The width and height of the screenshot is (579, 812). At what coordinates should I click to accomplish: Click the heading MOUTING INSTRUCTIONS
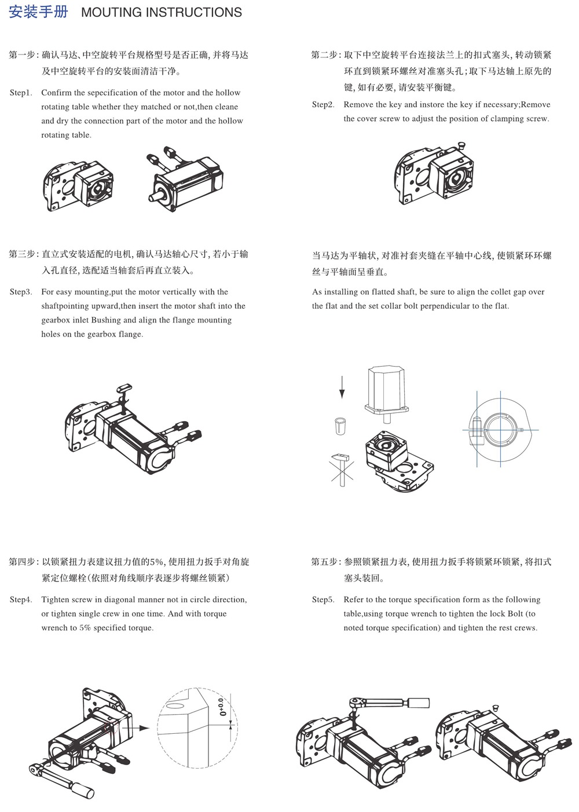(x=162, y=12)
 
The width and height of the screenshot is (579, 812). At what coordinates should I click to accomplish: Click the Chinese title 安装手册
(x=39, y=12)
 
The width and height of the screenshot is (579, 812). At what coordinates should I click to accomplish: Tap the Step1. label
(x=21, y=93)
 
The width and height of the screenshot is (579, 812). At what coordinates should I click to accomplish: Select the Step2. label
(x=323, y=105)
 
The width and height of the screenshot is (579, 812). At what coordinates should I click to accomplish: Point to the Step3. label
(x=21, y=292)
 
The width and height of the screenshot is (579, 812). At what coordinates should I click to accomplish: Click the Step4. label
(x=21, y=599)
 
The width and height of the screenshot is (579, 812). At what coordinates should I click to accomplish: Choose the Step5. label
(x=323, y=599)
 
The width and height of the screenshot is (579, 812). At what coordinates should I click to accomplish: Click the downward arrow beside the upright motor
(x=342, y=386)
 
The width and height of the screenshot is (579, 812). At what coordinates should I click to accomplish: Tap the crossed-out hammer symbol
(x=342, y=467)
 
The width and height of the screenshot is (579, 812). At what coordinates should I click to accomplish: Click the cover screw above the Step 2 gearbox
(x=462, y=142)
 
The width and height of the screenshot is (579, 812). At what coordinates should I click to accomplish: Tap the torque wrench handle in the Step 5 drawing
(x=418, y=703)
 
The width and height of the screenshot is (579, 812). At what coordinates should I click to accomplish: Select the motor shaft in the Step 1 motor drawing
(x=156, y=196)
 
